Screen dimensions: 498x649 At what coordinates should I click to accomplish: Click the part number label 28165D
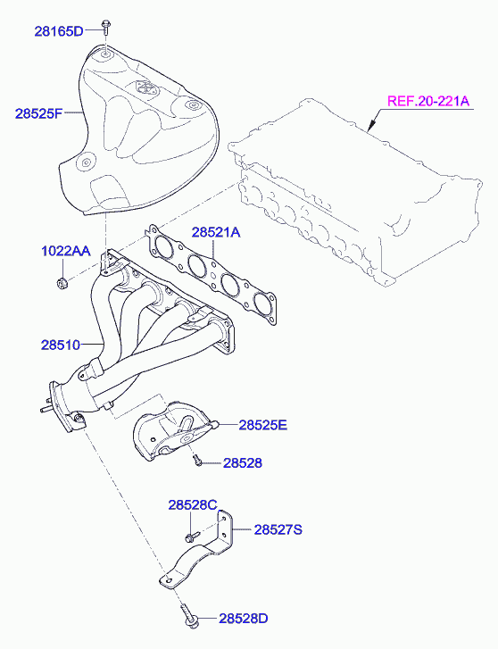coord(59,31)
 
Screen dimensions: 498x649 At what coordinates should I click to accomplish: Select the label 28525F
coord(38,113)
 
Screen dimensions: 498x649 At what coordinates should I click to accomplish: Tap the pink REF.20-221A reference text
coord(428,101)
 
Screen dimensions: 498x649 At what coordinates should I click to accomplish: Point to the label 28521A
coord(216,232)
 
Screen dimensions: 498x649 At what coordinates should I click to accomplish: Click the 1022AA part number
coord(66,251)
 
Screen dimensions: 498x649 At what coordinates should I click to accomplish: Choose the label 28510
coord(61,345)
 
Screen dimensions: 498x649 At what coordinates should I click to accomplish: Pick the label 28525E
coord(263,425)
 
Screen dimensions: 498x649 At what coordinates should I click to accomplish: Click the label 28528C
coord(193,505)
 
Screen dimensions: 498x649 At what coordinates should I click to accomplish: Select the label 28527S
coord(278,529)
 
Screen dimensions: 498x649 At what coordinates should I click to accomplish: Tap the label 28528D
coord(244,619)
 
